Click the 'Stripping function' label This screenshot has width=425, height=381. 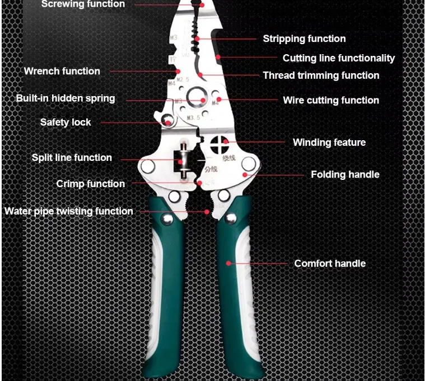304,39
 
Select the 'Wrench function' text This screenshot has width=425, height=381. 62,71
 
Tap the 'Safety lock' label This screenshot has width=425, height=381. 65,122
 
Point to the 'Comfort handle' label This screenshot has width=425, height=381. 330,263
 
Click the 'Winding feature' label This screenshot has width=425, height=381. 329,142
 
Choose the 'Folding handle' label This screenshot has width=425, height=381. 345,174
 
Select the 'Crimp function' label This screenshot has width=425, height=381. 90,184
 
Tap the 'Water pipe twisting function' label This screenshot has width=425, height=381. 68,211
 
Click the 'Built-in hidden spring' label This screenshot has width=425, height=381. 65,98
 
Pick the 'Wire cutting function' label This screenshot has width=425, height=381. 331,101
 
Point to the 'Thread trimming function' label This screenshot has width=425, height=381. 321,75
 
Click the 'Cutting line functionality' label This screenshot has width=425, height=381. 338,58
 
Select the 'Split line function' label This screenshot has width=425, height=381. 72,158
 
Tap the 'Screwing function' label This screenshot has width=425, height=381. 83,4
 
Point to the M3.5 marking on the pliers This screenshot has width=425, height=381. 193,118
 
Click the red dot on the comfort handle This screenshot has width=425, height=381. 228,263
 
